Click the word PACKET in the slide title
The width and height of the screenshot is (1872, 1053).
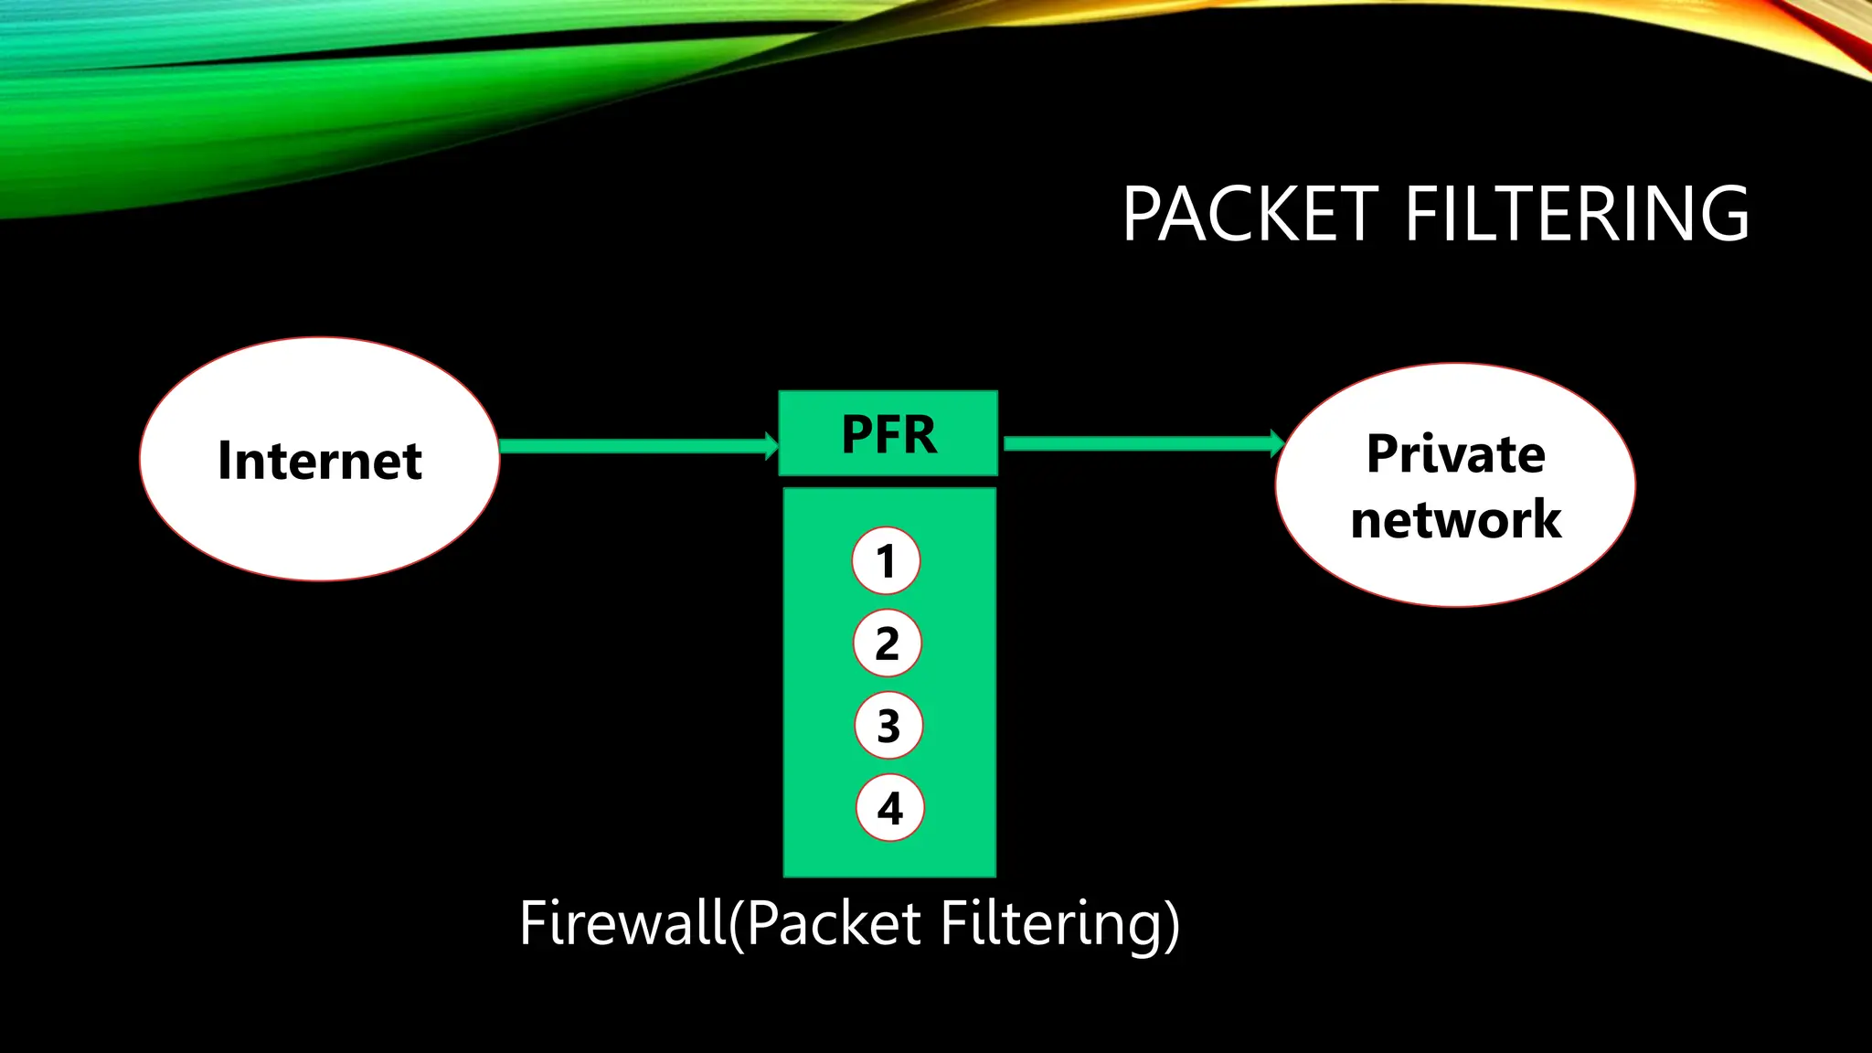coord(1250,214)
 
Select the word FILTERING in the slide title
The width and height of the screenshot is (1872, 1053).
coord(1577,214)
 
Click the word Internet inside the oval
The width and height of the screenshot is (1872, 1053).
coord(319,460)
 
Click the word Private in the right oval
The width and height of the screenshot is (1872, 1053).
coord(1455,454)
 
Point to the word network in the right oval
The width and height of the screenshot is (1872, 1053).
coord(1455,519)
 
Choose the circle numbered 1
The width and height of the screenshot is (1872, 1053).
coord(886,560)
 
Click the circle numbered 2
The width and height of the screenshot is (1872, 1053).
coord(887,643)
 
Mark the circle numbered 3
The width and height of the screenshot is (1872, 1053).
coord(888,726)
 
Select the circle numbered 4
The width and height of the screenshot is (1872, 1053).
coord(889,808)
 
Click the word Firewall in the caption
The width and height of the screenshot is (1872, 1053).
coord(622,923)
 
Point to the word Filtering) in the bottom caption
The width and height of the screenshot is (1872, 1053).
coord(1060,923)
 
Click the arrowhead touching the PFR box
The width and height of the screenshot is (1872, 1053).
coord(771,446)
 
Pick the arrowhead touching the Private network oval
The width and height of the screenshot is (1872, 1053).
coord(1277,443)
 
